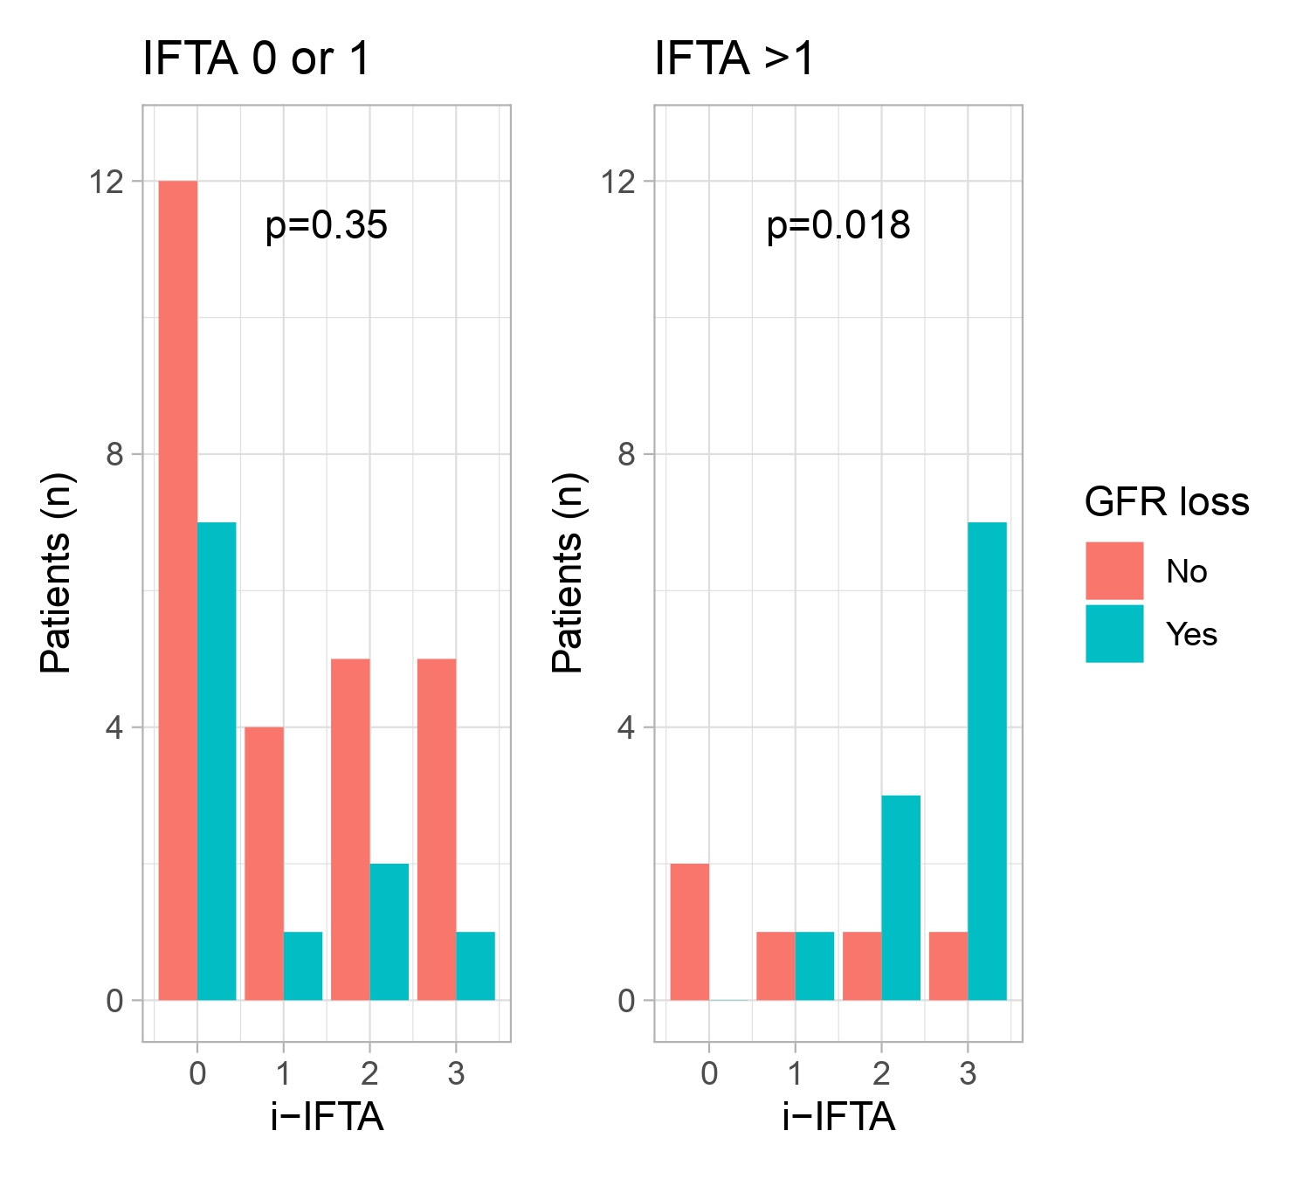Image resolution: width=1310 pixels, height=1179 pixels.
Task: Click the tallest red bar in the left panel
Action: pyautogui.click(x=177, y=590)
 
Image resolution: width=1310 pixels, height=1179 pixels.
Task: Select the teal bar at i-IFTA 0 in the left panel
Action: pyautogui.click(x=217, y=761)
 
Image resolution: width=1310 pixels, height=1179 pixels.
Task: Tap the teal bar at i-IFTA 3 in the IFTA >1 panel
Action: pyautogui.click(x=987, y=761)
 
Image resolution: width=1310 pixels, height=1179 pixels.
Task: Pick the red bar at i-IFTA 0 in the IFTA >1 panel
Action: pyautogui.click(x=689, y=932)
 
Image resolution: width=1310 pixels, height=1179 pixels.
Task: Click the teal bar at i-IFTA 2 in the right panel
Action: pyautogui.click(x=900, y=898)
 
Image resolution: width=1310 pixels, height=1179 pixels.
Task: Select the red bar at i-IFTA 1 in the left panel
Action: pyautogui.click(x=264, y=863)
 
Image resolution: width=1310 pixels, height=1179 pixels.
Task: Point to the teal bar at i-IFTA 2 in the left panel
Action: pyautogui.click(x=390, y=932)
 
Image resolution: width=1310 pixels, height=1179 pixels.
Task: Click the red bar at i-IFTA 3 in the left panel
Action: pyautogui.click(x=437, y=829)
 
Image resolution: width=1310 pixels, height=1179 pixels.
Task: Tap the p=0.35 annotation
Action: pyautogui.click(x=326, y=226)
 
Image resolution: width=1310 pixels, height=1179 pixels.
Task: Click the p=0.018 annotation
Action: pyautogui.click(x=838, y=226)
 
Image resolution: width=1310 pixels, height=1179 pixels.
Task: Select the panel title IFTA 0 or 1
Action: pyautogui.click(x=256, y=60)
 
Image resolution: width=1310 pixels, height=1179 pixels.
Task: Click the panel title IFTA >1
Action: pyautogui.click(x=734, y=60)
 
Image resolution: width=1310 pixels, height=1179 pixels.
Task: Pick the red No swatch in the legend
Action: pyautogui.click(x=1114, y=571)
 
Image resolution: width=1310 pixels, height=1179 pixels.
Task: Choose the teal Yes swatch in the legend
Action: pyautogui.click(x=1114, y=634)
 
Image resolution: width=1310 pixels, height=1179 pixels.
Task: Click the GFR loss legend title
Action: pyautogui.click(x=1166, y=502)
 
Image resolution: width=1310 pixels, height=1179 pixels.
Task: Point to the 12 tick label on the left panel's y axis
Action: pyautogui.click(x=106, y=182)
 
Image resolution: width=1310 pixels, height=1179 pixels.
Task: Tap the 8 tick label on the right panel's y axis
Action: pyautogui.click(x=626, y=454)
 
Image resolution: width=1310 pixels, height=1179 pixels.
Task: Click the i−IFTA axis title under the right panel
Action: pyautogui.click(x=838, y=1117)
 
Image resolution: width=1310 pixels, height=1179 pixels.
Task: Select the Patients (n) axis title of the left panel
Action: pyautogui.click(x=56, y=573)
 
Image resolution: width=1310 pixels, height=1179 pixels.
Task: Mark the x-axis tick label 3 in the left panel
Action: pyautogui.click(x=456, y=1073)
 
